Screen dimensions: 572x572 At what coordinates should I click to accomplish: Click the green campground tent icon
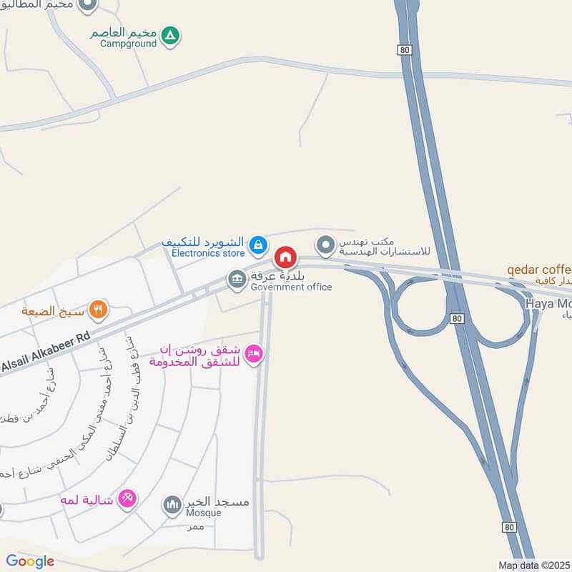[x=170, y=34]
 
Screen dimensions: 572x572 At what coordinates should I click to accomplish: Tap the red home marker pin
[x=285, y=257]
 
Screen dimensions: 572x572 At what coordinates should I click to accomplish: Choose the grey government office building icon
[x=236, y=280]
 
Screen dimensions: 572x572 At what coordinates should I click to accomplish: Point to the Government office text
[x=291, y=287]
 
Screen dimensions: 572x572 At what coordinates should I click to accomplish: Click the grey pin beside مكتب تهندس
[x=326, y=245]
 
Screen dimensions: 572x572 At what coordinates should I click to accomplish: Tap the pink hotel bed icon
[x=254, y=354]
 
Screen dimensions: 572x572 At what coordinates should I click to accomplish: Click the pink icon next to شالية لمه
[x=127, y=498]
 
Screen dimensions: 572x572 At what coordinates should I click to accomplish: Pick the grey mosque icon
[x=172, y=506]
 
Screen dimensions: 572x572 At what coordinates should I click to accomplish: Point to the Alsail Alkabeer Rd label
[x=45, y=355]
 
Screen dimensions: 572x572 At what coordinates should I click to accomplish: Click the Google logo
[x=30, y=561]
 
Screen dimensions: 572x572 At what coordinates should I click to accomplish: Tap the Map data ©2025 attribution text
[x=534, y=565]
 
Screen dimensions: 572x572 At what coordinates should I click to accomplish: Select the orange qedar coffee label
[x=539, y=270]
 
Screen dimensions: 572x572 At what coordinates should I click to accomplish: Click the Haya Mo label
[x=548, y=303]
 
